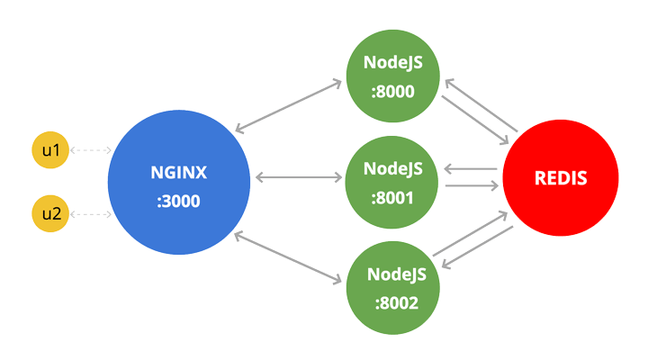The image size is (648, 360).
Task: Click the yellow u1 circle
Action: [x=50, y=150]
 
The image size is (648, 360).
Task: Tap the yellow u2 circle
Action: [x=50, y=214]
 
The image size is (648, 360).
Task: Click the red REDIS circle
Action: [x=560, y=178]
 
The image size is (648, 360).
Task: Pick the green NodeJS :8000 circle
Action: [x=392, y=76]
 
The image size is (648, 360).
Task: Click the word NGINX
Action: [x=178, y=171]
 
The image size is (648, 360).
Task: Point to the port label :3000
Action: [x=178, y=201]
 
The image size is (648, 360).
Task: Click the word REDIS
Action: [x=560, y=178]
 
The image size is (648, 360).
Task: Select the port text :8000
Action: [x=392, y=90]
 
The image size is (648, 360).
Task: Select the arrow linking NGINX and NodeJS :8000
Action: [x=288, y=107]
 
